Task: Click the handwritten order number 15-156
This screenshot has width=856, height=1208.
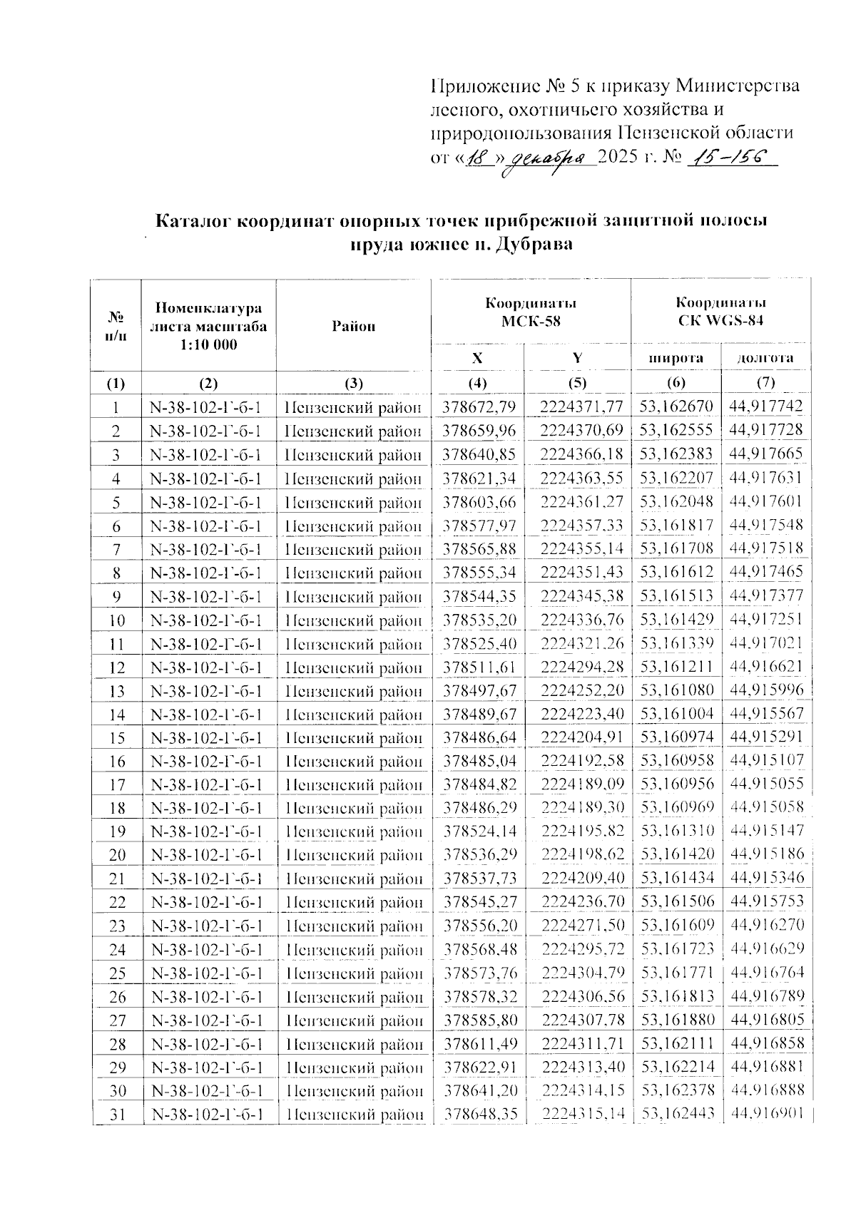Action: pyautogui.click(x=728, y=158)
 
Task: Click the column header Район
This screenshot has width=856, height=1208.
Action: pyautogui.click(x=353, y=327)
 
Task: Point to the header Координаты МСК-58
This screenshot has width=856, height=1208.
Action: pyautogui.click(x=531, y=312)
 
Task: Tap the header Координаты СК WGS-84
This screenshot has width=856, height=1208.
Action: pyautogui.click(x=720, y=312)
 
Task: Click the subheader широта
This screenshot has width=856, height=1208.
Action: pyautogui.click(x=676, y=358)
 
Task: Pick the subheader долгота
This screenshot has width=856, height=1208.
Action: pyautogui.click(x=766, y=358)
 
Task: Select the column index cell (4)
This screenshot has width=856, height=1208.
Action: pyautogui.click(x=477, y=383)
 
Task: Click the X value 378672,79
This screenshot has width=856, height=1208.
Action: pyautogui.click(x=479, y=407)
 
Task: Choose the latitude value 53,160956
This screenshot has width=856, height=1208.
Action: pyautogui.click(x=676, y=784)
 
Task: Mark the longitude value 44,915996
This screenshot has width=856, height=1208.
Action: pyautogui.click(x=766, y=690)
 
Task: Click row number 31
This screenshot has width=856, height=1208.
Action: pyautogui.click(x=117, y=1114)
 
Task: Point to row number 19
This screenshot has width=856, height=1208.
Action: pyautogui.click(x=117, y=831)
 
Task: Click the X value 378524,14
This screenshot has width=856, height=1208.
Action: pyautogui.click(x=479, y=831)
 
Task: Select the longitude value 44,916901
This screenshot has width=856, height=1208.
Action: pyautogui.click(x=766, y=1114)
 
